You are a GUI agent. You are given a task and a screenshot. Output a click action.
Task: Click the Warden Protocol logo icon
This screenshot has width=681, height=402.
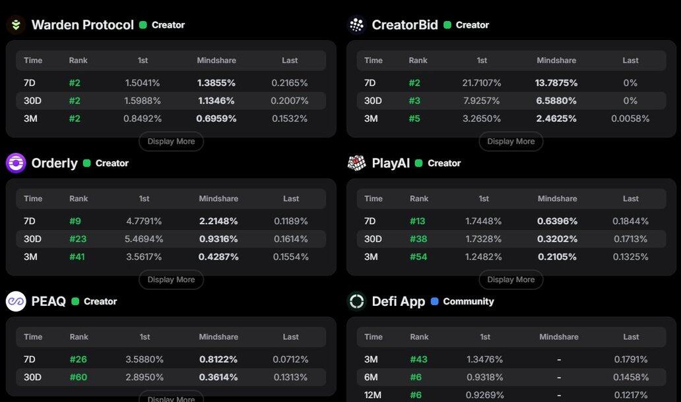[x=16, y=25]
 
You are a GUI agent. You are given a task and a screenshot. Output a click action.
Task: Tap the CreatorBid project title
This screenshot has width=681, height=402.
[x=405, y=25]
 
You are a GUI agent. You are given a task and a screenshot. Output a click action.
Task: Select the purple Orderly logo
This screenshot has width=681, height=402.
[x=16, y=163]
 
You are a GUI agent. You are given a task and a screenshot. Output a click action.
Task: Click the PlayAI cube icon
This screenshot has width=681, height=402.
[x=357, y=163]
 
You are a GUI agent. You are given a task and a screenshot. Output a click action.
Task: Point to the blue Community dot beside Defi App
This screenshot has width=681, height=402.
[x=434, y=301]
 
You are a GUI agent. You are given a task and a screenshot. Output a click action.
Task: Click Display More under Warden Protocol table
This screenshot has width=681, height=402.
[x=171, y=142]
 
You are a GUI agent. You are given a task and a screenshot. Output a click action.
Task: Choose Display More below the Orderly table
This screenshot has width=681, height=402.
[x=171, y=280]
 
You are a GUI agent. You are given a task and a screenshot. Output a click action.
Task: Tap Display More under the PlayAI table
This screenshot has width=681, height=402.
[x=511, y=280]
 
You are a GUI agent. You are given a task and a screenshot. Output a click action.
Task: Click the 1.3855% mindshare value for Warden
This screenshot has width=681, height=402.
[x=216, y=83]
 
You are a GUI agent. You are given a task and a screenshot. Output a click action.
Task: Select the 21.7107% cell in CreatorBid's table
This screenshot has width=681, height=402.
[x=482, y=83]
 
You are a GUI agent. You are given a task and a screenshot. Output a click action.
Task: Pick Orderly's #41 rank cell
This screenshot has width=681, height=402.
[x=77, y=257]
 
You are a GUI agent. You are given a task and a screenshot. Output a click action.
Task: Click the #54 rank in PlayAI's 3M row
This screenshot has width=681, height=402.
[x=418, y=257]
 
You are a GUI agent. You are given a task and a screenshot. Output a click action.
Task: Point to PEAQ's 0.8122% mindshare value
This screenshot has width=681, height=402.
[x=218, y=360]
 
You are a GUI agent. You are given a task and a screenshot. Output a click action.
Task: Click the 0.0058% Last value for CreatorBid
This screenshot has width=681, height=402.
[x=630, y=119]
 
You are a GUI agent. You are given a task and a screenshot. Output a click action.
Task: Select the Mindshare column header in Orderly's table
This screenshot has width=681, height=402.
[x=218, y=198]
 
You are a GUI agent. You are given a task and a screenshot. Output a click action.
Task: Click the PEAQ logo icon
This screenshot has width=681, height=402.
[x=16, y=301]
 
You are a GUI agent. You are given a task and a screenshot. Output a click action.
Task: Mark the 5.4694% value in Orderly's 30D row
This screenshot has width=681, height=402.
[x=144, y=239]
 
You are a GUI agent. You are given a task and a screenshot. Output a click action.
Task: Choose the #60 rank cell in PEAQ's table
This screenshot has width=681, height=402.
[x=79, y=378]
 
